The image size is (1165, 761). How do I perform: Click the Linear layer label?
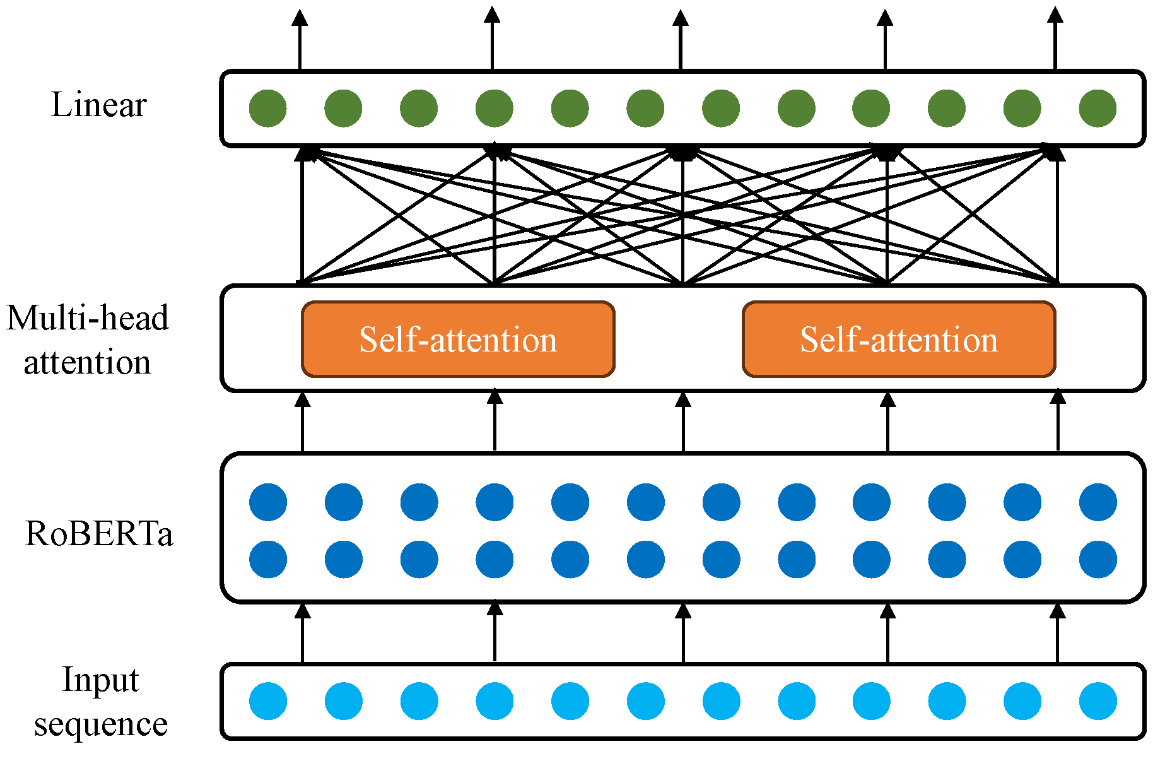(98, 105)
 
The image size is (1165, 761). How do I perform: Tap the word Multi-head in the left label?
(88, 318)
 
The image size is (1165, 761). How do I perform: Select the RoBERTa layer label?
(98, 534)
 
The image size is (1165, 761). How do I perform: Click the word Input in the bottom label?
(100, 680)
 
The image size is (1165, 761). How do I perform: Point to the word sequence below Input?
(101, 724)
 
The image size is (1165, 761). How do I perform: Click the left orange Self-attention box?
(458, 339)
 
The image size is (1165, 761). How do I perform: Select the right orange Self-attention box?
(899, 339)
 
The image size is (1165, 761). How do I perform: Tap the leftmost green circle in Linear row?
(268, 108)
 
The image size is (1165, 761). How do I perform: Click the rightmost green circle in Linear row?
(1098, 108)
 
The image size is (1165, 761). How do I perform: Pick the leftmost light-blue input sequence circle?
(268, 700)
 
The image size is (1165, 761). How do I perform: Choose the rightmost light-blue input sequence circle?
(1098, 700)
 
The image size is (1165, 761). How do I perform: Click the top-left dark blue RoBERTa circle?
(268, 502)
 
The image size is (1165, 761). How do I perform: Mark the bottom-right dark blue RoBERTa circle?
(1098, 559)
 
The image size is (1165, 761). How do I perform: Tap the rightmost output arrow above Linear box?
(1055, 38)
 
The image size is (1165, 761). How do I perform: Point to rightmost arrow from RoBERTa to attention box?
(1058, 421)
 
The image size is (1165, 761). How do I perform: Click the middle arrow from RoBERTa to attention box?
(683, 421)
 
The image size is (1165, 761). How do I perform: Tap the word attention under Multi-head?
(88, 363)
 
